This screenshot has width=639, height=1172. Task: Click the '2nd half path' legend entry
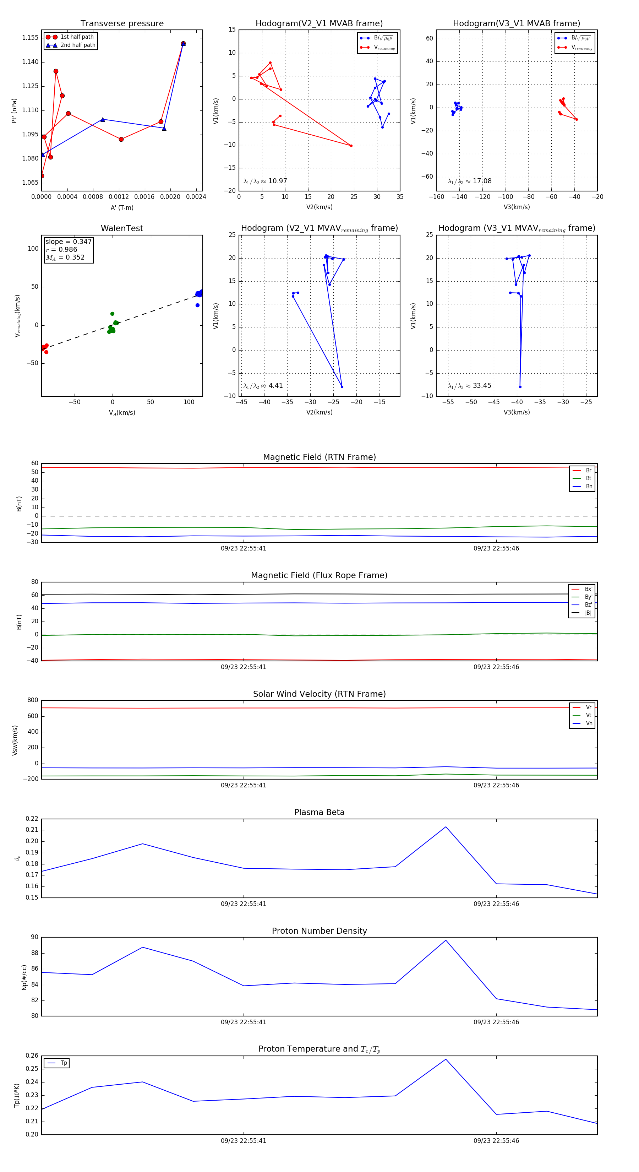[78, 45]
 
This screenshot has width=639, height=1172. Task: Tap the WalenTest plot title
[122, 228]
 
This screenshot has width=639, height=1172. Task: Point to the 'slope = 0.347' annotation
[68, 242]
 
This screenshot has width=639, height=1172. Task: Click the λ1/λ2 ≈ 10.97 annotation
[265, 181]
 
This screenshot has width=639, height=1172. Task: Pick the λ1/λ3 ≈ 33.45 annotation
[469, 386]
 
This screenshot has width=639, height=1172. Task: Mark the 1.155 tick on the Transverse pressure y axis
[31, 38]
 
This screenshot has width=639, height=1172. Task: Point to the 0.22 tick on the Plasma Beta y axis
[32, 819]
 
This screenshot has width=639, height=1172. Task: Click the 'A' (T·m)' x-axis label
[122, 208]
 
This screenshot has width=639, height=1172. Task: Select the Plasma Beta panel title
[319, 812]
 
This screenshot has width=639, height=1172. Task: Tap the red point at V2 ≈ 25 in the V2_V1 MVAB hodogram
[351, 146]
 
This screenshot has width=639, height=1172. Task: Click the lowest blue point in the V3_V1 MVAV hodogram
[520, 387]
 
